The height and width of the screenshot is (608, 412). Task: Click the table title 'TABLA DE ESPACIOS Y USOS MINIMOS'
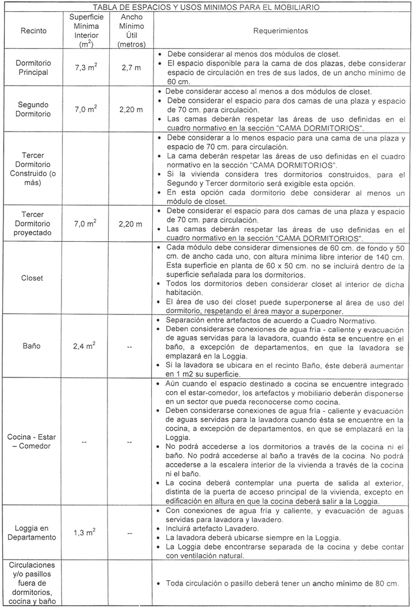(x=207, y=7)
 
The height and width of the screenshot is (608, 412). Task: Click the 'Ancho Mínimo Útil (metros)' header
(x=130, y=30)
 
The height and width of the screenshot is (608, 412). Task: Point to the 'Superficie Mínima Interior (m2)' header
(x=86, y=30)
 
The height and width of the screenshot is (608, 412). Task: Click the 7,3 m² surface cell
(x=86, y=68)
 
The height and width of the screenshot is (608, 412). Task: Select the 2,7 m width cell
(x=130, y=68)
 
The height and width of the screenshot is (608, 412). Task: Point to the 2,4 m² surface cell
(x=86, y=347)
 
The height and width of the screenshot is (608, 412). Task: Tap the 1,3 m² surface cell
(x=86, y=533)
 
